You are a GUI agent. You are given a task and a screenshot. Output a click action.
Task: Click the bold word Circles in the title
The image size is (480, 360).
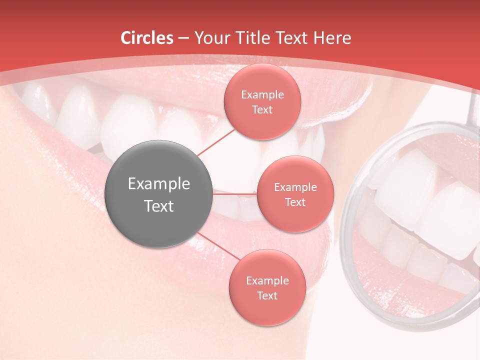(146, 38)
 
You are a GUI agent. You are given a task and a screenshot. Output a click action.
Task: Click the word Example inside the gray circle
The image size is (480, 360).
(159, 184)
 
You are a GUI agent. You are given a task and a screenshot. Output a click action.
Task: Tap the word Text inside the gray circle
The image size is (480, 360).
(159, 206)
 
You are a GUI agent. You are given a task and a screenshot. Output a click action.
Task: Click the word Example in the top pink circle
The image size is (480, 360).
(262, 95)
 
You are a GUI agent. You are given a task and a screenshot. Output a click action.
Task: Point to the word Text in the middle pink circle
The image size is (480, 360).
(295, 202)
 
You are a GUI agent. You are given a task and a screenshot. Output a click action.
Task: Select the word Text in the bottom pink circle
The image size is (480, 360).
(267, 295)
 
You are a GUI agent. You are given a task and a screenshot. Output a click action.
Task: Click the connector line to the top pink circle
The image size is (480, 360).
(216, 142)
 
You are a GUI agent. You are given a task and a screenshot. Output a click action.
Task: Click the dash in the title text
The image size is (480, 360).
(183, 38)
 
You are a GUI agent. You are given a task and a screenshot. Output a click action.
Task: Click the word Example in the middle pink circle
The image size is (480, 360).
(295, 187)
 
